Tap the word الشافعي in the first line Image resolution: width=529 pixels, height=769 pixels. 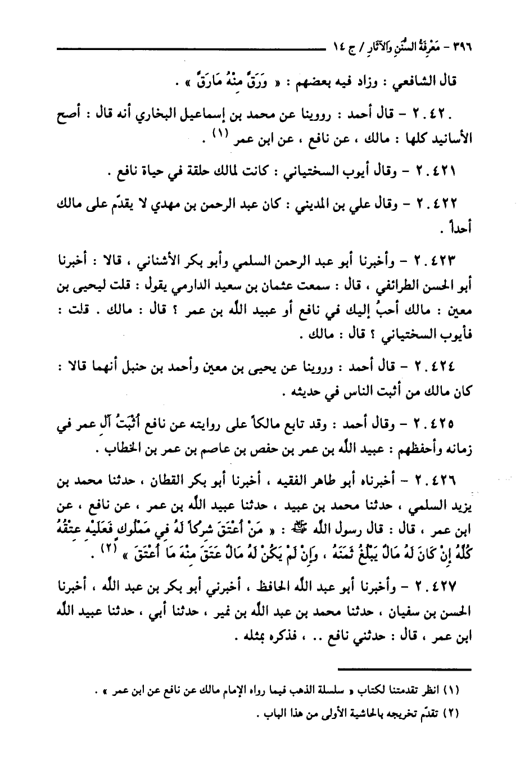click(x=411, y=81)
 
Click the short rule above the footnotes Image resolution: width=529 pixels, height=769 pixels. click(x=405, y=668)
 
